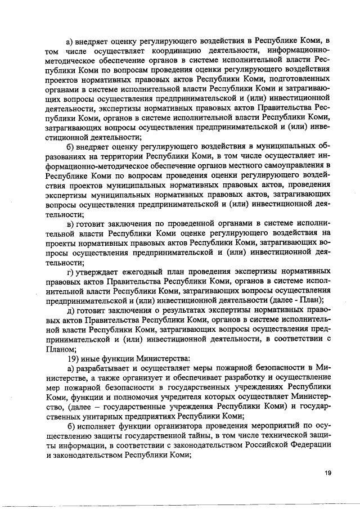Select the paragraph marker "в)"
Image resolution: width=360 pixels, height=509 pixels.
click(70, 224)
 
